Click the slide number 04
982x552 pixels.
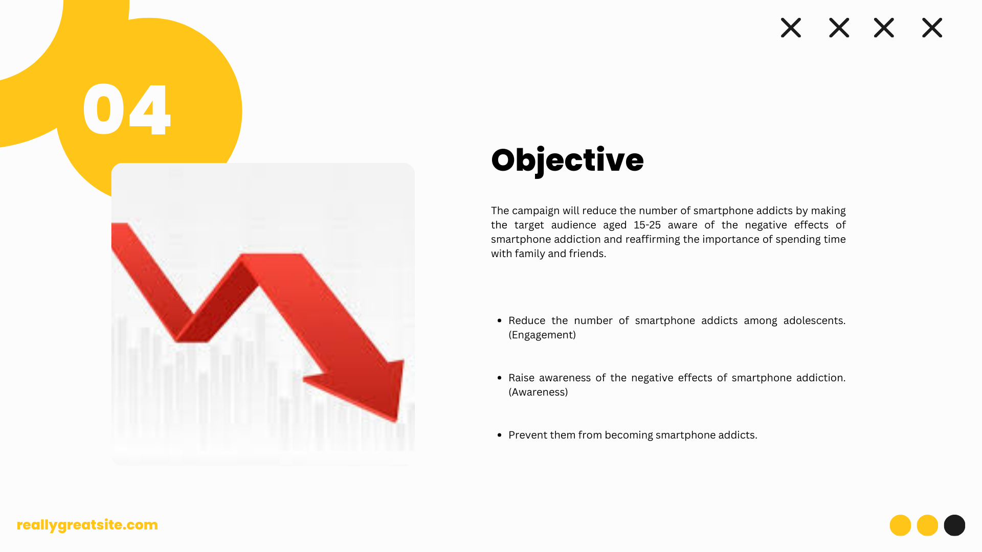pos(126,110)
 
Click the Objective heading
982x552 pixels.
pos(567,160)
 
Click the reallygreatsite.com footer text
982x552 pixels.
pos(87,525)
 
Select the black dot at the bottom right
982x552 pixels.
pos(954,525)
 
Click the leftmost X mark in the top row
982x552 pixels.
pos(791,28)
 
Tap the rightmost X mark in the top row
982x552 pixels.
pos(932,28)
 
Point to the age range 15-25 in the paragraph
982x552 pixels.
pos(647,225)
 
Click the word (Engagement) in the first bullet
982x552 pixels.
pos(542,335)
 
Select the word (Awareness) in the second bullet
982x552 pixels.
pos(538,392)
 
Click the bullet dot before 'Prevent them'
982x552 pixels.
pos(499,435)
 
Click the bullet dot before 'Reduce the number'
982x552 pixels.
pos(499,320)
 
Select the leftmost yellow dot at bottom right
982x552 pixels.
pos(900,525)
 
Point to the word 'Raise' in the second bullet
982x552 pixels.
pos(521,378)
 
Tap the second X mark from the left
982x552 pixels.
pos(839,28)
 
